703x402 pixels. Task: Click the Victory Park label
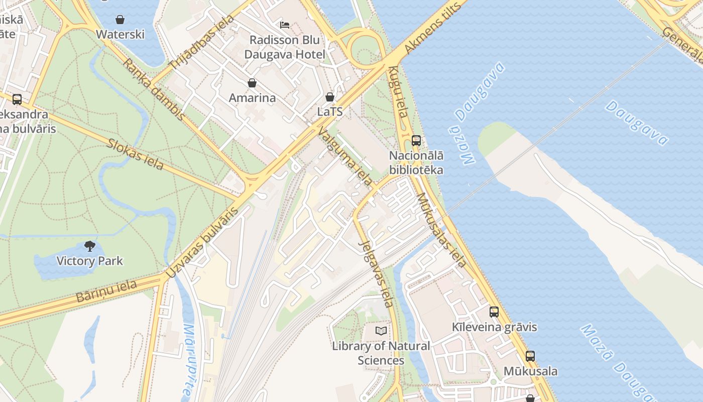click(89, 261)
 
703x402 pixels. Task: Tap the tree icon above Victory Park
click(90, 246)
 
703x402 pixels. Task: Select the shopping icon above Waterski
click(120, 20)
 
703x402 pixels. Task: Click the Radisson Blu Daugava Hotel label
click(285, 47)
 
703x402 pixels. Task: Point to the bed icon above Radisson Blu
click(285, 25)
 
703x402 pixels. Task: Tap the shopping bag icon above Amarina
click(252, 83)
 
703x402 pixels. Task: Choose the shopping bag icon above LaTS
click(330, 97)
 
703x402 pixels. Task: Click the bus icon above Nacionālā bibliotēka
click(416, 141)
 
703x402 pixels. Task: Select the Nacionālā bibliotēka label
click(416, 163)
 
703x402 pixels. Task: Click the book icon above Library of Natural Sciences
click(381, 331)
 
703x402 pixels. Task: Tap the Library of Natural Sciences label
click(381, 353)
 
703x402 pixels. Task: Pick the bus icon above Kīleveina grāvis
click(494, 312)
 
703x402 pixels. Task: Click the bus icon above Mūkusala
click(530, 356)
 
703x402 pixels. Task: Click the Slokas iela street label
click(135, 154)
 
